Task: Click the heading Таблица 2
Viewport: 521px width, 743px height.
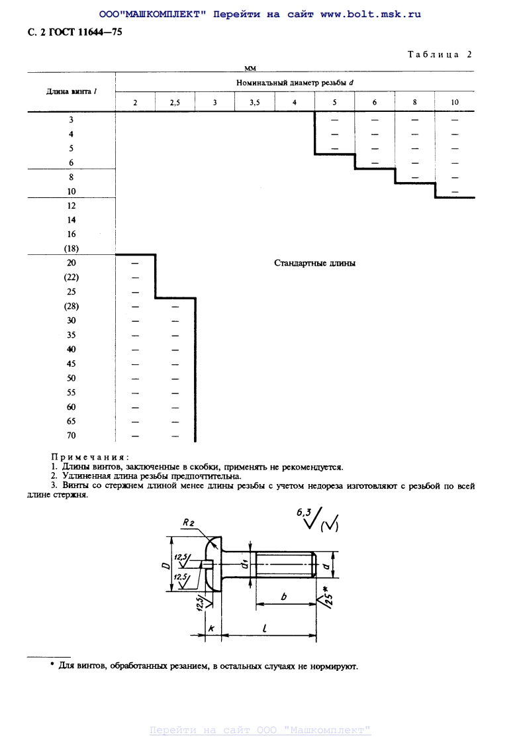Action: (440, 55)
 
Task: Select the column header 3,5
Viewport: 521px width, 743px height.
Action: (255, 103)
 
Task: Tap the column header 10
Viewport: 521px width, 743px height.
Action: (455, 103)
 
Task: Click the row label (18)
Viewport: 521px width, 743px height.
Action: (71, 249)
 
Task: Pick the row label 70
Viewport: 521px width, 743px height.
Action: (71, 436)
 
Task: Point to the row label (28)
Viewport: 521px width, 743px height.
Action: (71, 307)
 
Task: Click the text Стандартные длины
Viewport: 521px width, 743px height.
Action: (314, 264)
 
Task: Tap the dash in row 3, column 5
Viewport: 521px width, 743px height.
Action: (334, 120)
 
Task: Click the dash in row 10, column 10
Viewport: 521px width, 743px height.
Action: (455, 191)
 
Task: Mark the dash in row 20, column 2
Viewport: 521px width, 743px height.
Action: (135, 264)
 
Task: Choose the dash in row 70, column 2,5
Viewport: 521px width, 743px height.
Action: (175, 436)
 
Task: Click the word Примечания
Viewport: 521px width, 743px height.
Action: (90, 457)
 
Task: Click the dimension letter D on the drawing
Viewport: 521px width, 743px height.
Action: (164, 566)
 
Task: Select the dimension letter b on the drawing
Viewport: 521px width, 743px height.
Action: (284, 597)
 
